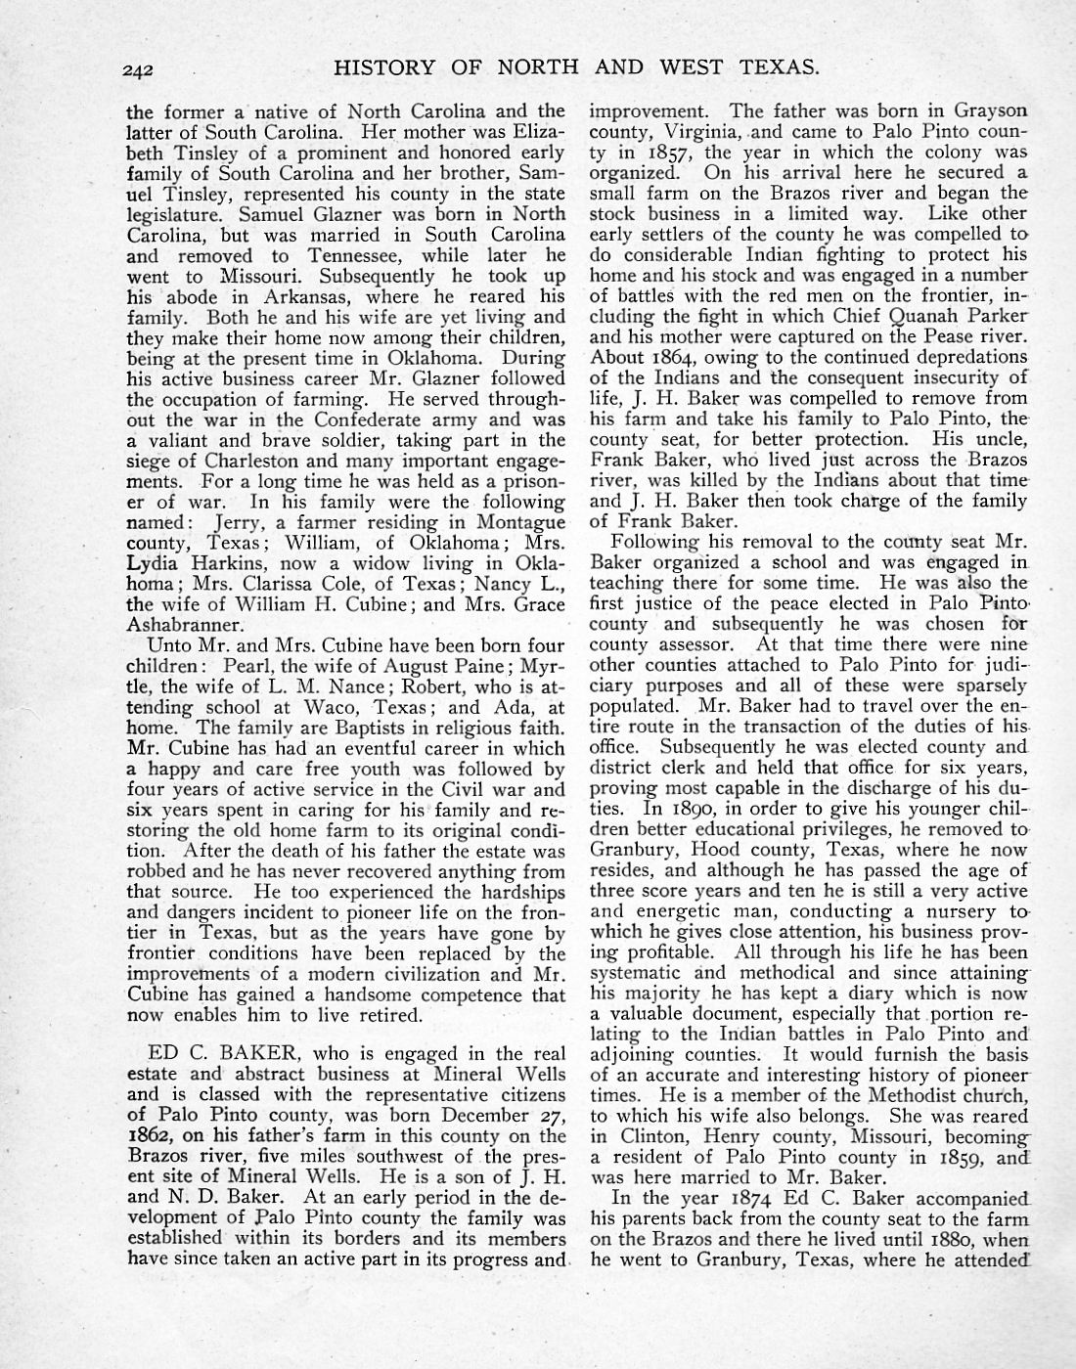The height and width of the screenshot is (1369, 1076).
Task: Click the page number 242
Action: click(x=142, y=68)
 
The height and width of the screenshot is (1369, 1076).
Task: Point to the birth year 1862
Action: click(x=152, y=1135)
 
